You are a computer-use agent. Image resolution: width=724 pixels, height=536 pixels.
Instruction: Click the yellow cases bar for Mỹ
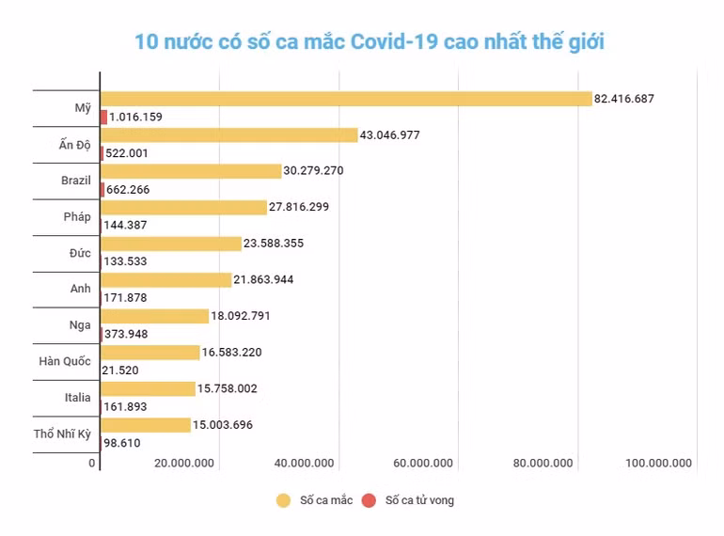346,99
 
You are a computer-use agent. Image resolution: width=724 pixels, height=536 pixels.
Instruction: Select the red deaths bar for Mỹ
103,117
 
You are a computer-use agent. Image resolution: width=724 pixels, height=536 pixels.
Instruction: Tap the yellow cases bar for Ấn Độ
229,134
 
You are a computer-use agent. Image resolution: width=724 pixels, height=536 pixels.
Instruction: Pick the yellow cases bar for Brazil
191,171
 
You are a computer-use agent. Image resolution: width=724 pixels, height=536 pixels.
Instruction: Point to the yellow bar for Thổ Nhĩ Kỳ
146,425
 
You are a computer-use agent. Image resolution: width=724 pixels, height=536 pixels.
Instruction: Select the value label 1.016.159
136,118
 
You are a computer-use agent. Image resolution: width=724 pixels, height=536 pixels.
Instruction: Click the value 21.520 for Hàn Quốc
120,370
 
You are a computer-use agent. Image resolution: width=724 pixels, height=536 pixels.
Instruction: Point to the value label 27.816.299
299,207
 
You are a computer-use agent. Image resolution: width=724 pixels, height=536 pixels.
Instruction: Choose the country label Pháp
77,216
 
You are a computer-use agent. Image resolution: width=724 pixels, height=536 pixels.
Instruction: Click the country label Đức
79,253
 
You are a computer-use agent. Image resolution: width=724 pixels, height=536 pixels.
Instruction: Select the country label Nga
80,325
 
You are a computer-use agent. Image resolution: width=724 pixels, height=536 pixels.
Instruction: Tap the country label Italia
78,398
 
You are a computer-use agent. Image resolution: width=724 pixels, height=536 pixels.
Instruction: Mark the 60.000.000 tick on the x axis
422,464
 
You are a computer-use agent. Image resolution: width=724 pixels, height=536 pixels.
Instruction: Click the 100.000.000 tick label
658,464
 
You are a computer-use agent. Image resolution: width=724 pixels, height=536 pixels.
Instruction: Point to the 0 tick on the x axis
93,464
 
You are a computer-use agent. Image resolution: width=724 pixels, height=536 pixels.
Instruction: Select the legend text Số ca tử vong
419,500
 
